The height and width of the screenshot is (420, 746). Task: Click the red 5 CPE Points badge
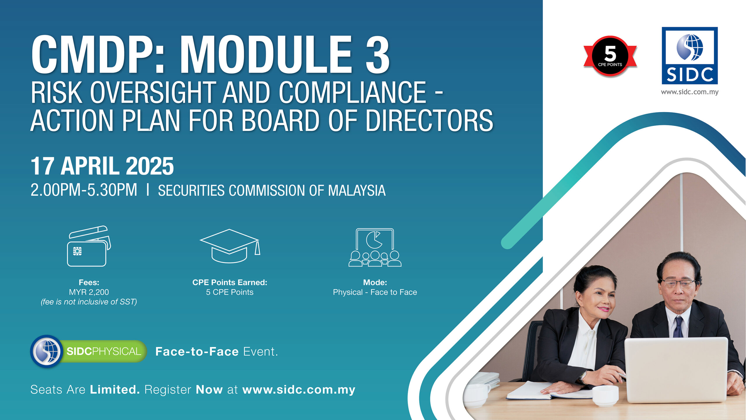(x=610, y=56)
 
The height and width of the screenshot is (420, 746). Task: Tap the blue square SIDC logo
(x=689, y=56)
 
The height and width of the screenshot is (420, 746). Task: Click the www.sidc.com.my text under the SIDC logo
(x=689, y=92)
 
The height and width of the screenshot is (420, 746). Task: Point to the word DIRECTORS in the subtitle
(x=429, y=120)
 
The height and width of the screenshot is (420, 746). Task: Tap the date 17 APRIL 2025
(x=102, y=166)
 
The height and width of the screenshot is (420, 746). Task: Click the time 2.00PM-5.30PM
(x=84, y=190)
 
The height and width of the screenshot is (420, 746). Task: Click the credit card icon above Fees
(x=89, y=246)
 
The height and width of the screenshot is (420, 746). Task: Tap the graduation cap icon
(x=230, y=246)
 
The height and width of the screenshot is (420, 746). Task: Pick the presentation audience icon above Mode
(x=375, y=247)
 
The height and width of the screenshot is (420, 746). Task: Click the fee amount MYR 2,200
(x=89, y=292)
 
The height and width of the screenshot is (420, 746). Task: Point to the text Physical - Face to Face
(x=375, y=292)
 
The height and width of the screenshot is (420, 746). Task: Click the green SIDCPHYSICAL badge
(x=89, y=351)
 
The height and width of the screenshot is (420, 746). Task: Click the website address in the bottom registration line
(x=299, y=390)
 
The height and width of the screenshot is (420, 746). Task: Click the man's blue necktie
(x=678, y=327)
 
